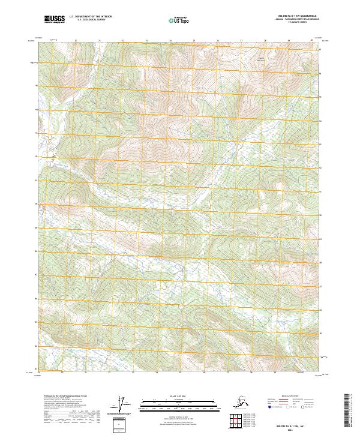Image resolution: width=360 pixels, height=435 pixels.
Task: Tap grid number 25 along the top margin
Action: [x=194, y=41]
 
